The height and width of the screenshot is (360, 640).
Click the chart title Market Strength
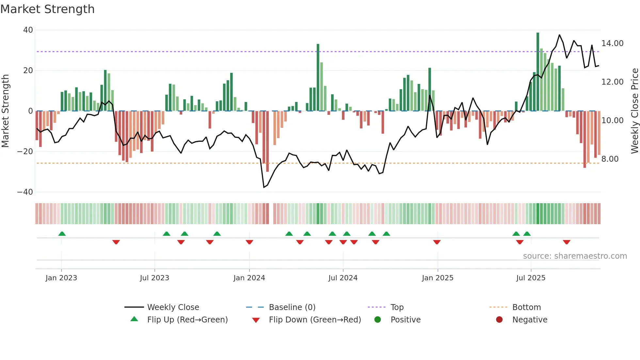point(48,9)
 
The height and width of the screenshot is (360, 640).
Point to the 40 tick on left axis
point(28,30)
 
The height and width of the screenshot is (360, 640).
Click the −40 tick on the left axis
point(25,192)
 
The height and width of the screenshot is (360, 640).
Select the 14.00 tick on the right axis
point(612,43)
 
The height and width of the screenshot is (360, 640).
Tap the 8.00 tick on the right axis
point(610,159)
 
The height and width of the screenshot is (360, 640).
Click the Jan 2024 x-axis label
point(249,278)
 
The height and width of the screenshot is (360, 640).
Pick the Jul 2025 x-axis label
point(531,278)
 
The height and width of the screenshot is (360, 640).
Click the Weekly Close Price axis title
point(634,111)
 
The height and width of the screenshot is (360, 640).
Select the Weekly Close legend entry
point(173,307)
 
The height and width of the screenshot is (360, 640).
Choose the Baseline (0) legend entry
point(292,307)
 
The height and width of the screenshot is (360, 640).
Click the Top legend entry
point(397,307)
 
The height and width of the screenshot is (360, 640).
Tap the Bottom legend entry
point(526,307)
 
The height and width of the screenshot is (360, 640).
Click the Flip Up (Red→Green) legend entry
point(187,320)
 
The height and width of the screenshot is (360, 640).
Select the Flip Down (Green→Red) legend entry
point(315,320)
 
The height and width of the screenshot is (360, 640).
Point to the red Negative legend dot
point(499,320)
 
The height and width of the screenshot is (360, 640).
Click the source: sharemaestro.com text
point(575,256)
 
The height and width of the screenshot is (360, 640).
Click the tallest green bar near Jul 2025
point(538,72)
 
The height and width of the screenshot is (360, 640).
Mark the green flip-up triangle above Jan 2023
point(62,234)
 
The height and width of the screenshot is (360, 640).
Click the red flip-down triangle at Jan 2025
point(437,242)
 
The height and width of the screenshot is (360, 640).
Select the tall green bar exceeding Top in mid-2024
point(318,77)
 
